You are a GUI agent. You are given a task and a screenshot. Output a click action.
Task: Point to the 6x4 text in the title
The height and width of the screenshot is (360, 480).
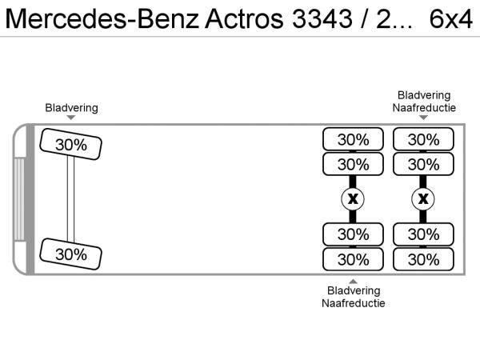tap(451, 19)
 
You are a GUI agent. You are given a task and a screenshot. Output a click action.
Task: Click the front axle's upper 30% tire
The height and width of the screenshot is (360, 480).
tap(71, 145)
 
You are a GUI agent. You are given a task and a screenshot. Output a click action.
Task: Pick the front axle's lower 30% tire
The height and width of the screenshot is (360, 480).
tap(71, 254)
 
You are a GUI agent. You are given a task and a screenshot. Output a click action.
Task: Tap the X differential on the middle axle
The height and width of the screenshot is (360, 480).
tap(353, 198)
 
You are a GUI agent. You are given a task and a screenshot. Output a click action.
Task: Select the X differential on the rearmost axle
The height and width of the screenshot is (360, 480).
tap(423, 198)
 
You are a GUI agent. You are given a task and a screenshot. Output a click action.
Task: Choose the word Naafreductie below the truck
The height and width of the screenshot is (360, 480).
tap(354, 303)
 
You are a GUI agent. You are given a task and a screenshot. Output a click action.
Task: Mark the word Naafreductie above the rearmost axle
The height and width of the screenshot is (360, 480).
tap(424, 107)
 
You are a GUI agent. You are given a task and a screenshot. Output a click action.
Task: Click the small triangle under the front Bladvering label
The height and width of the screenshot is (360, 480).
tap(72, 118)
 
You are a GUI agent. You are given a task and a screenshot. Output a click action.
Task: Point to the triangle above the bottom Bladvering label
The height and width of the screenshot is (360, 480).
tap(354, 280)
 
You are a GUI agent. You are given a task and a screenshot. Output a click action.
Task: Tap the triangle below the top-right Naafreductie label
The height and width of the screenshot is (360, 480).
tap(424, 118)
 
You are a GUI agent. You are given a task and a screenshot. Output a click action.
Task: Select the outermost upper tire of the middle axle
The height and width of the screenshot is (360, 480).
tap(353, 139)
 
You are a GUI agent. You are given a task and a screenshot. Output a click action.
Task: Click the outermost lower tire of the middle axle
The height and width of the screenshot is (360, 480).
tap(353, 259)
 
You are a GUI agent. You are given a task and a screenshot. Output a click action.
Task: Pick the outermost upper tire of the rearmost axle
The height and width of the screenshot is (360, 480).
tap(423, 139)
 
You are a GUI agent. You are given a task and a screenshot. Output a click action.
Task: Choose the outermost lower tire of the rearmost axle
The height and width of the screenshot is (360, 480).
tap(423, 259)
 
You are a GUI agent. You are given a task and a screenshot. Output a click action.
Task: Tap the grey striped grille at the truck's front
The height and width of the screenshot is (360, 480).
tap(19, 198)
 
